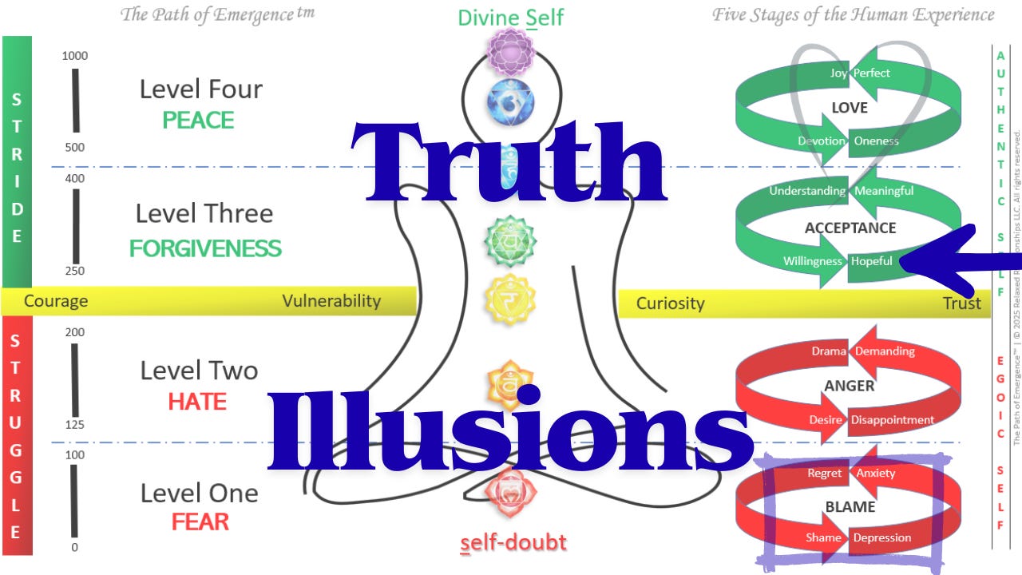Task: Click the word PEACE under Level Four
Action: pyautogui.click(x=198, y=121)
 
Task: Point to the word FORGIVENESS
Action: pyautogui.click(x=205, y=248)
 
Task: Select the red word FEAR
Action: pyautogui.click(x=200, y=522)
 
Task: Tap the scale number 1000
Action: pyautogui.click(x=75, y=56)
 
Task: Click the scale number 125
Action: pyautogui.click(x=74, y=424)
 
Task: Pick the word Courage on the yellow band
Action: pyautogui.click(x=56, y=301)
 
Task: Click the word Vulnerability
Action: pyautogui.click(x=331, y=301)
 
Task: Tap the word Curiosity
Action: pyautogui.click(x=670, y=303)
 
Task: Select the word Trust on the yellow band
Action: pyautogui.click(x=961, y=303)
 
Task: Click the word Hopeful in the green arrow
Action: pyautogui.click(x=872, y=261)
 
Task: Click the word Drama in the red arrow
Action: pyautogui.click(x=829, y=351)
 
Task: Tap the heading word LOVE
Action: pyautogui.click(x=850, y=108)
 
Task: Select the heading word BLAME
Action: pyautogui.click(x=850, y=507)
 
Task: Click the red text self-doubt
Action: pyautogui.click(x=513, y=543)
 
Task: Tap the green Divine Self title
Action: pyautogui.click(x=511, y=18)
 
